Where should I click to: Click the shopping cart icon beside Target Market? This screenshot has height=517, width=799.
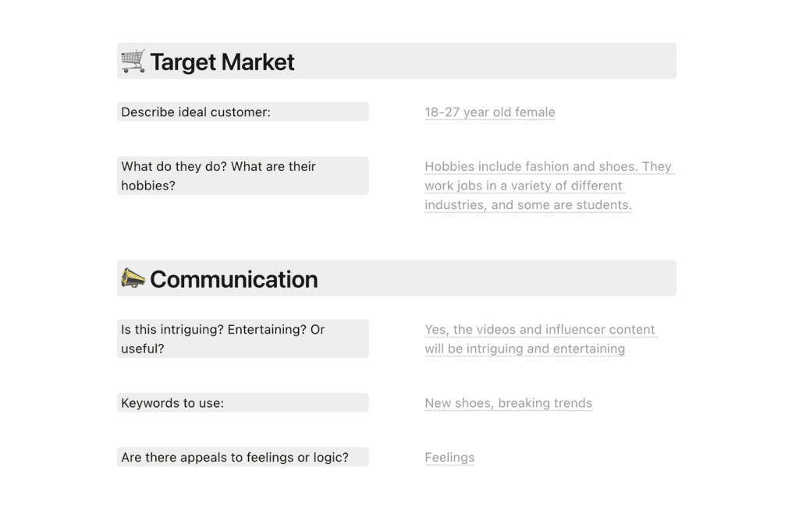coord(133,61)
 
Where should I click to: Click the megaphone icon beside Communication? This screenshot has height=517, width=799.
coord(133,278)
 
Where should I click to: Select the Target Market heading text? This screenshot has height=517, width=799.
coord(222,62)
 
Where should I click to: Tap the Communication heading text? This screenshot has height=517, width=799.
coord(234,279)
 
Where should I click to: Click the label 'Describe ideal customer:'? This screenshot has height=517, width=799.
coord(196,112)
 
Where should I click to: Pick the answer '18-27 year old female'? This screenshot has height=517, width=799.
coord(490,112)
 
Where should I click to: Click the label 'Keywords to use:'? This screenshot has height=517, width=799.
coord(172,403)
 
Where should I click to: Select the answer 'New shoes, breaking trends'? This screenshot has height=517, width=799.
coord(509,403)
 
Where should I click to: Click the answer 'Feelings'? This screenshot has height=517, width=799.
coord(449,458)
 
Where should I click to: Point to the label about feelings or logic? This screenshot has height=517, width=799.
coord(235,458)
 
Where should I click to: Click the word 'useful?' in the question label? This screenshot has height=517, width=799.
coord(143,349)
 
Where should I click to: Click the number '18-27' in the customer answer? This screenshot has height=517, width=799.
coord(442,112)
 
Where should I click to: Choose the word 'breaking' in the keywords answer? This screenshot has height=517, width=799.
coord(524,403)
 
